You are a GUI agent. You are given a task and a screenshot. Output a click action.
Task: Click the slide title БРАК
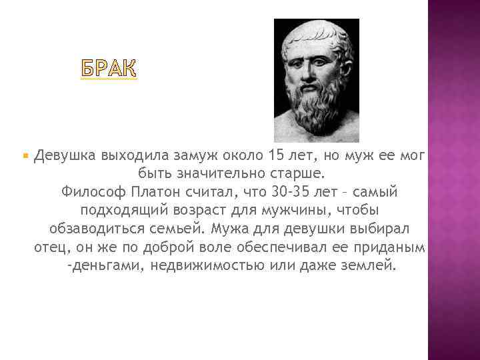[x=109, y=69]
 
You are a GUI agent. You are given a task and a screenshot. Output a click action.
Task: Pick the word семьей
[x=175, y=229]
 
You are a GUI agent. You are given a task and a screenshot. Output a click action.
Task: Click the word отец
[x=50, y=247]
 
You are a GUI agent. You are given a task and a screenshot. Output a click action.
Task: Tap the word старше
[x=302, y=175]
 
